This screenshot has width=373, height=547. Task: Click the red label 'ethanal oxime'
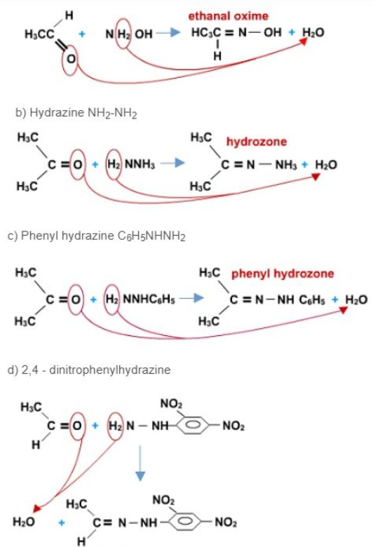[228, 16]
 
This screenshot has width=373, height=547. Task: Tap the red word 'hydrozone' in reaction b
[257, 142]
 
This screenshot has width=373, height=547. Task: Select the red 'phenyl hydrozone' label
[283, 273]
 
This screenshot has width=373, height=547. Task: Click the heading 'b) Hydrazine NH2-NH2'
[76, 113]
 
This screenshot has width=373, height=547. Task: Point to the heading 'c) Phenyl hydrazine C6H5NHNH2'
[96, 236]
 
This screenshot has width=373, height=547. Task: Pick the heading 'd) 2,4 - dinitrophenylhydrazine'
[89, 370]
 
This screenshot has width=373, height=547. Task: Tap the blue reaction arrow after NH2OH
[168, 33]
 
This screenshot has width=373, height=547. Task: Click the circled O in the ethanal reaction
[71, 59]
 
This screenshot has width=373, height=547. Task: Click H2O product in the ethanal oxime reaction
[313, 32]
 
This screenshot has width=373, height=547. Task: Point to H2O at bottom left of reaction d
[23, 522]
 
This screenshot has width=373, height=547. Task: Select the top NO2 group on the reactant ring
[171, 404]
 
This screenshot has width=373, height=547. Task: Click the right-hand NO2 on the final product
[226, 522]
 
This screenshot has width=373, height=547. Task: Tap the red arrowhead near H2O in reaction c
[344, 310]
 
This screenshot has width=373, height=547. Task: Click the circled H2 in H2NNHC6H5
[112, 299]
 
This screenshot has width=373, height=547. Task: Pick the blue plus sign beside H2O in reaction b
[305, 164]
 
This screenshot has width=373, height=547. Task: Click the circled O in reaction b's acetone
[77, 164]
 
